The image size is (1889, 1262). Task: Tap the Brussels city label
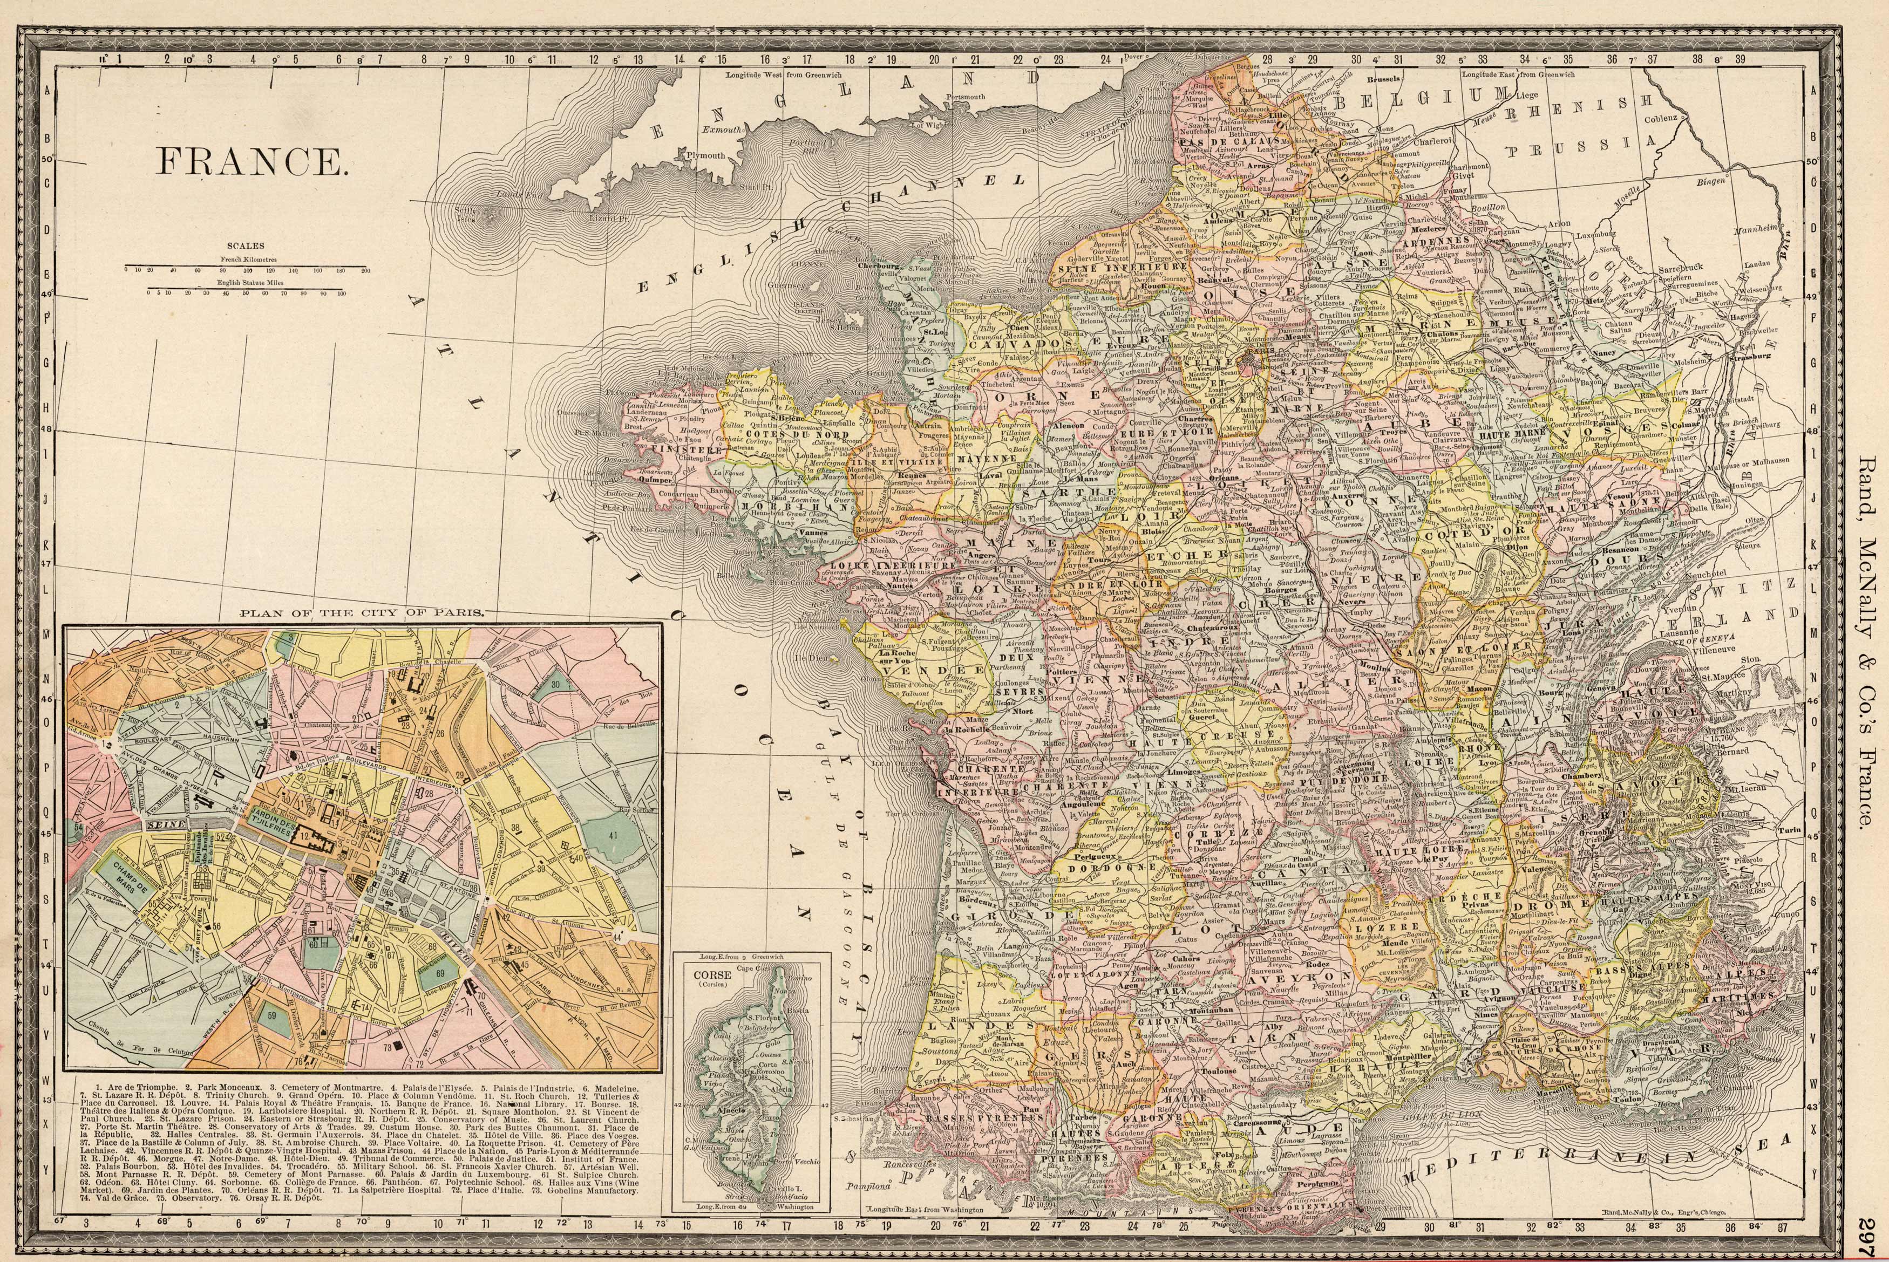1383,80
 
